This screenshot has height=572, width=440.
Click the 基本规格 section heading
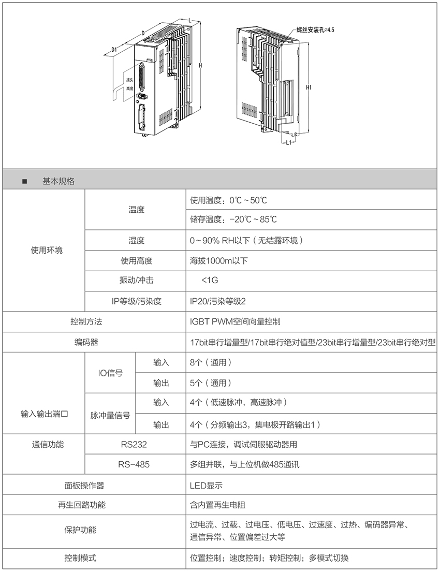[58, 181]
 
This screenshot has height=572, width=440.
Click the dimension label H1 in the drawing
[309, 87]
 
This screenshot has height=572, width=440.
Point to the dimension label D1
[114, 50]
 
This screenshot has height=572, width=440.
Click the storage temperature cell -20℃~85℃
[233, 219]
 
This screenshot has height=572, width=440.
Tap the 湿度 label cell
[136, 240]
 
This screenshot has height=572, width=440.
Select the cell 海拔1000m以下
[219, 260]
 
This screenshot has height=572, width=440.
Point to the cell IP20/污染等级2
[218, 301]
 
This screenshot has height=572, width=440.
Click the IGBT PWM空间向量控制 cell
[236, 321]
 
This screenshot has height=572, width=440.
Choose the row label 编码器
[86, 342]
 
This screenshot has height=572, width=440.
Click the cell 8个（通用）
[211, 362]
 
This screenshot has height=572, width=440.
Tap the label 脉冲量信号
[110, 415]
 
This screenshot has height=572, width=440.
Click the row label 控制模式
[80, 558]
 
